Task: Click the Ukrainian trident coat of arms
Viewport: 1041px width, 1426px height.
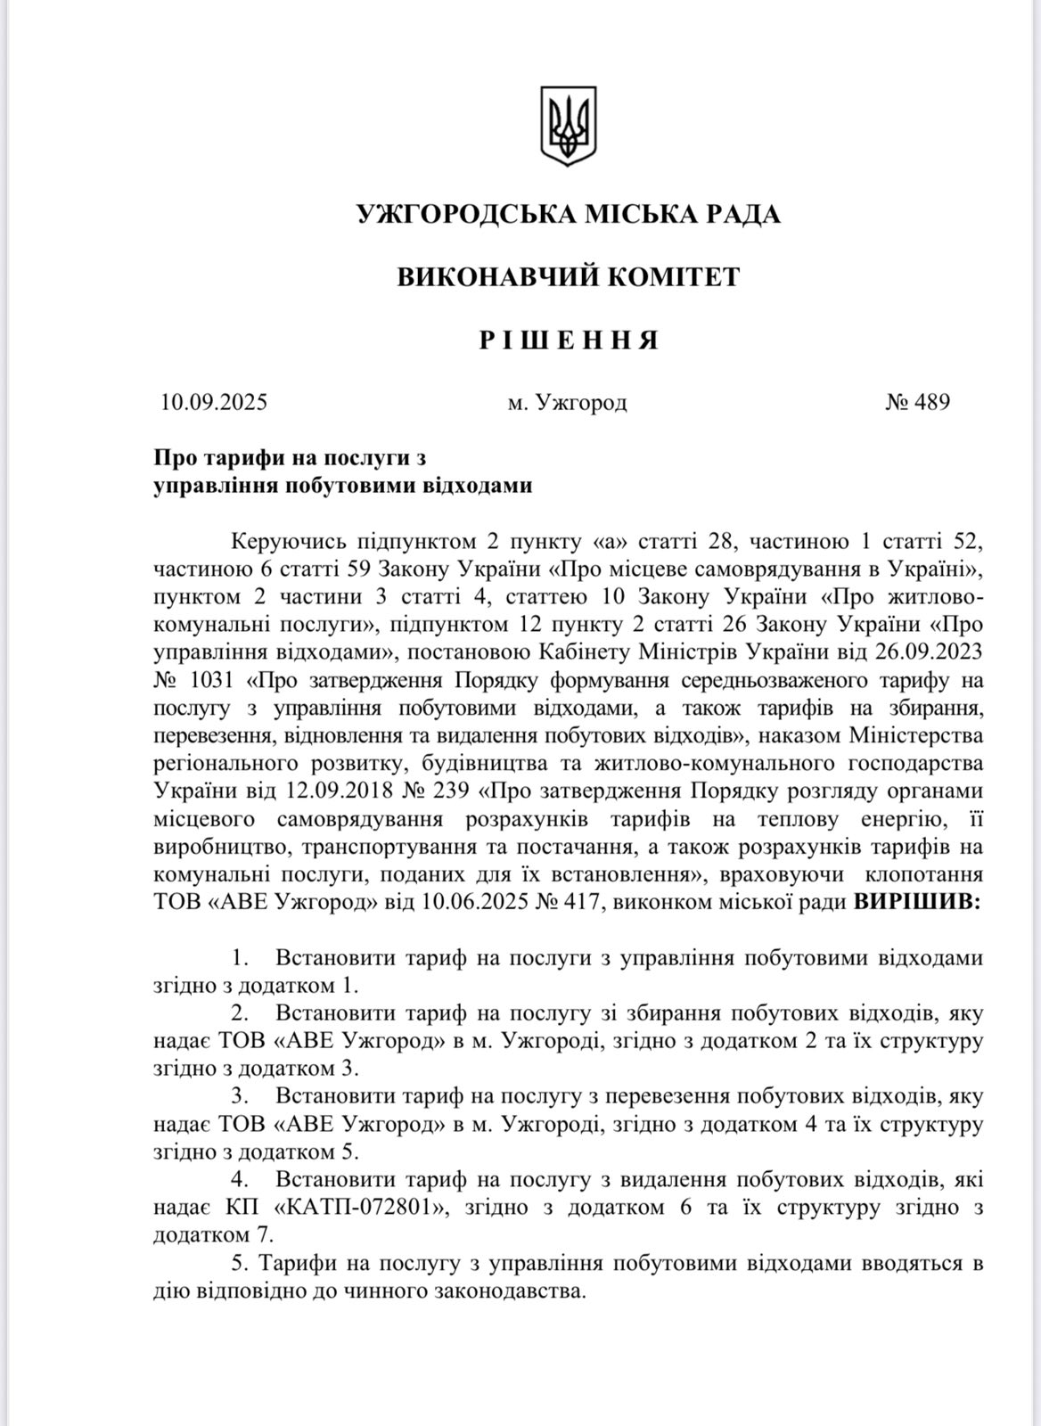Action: pyautogui.click(x=568, y=125)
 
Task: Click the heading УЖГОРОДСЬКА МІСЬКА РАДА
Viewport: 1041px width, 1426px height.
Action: pyautogui.click(x=568, y=215)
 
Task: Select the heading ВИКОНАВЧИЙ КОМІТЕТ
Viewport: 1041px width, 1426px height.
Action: pyautogui.click(x=568, y=277)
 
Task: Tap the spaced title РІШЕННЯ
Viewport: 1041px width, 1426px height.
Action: pyautogui.click(x=568, y=340)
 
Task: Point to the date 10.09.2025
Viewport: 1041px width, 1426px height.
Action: pyautogui.click(x=214, y=402)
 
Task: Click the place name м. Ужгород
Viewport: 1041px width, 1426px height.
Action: pyautogui.click(x=567, y=403)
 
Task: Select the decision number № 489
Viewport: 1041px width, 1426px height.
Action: pyautogui.click(x=917, y=402)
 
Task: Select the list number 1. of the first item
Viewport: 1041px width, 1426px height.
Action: pyautogui.click(x=240, y=959)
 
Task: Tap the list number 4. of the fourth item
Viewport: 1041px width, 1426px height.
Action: pyautogui.click(x=240, y=1180)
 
